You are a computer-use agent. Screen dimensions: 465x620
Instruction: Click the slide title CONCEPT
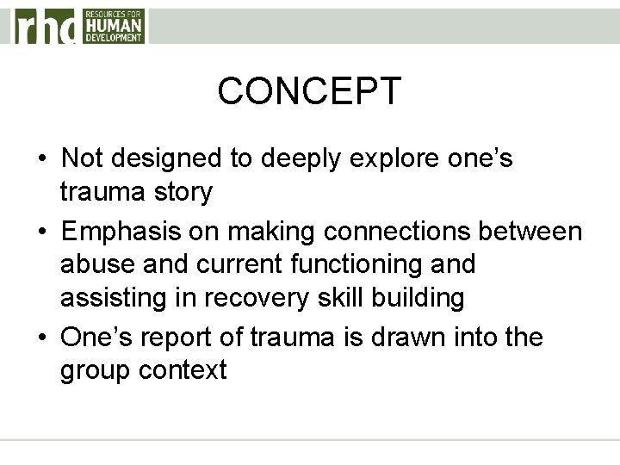click(x=309, y=91)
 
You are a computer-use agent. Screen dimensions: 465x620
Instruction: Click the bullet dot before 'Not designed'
click(x=41, y=160)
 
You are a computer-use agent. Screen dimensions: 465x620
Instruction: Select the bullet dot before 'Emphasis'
click(x=41, y=232)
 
